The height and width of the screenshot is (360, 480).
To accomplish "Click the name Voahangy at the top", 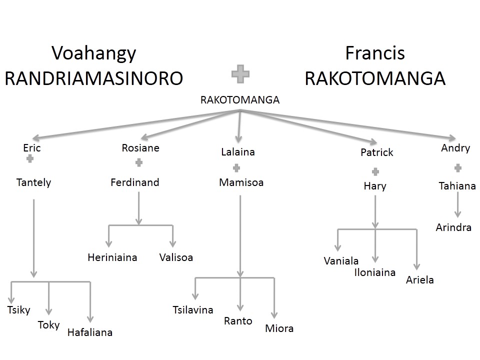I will coord(94,53).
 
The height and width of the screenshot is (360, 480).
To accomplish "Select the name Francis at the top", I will coord(374,53).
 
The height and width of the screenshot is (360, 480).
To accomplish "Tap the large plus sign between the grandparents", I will coord(240,74).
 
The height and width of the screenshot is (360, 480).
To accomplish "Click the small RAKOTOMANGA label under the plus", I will coord(239,100).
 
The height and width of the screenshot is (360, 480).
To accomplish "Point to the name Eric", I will coord(31,147).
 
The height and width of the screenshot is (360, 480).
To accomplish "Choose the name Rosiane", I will coord(140,147).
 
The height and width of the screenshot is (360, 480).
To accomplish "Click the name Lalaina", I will coord(238,152).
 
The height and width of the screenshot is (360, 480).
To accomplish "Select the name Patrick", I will coord(377,152).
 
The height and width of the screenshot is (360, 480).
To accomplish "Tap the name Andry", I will coord(455,148).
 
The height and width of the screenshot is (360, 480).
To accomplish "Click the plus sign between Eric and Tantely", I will coord(30,158).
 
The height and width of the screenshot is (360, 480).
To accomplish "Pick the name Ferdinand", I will coord(134,182).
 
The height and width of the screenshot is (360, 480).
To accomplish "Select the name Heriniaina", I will coord(112,257).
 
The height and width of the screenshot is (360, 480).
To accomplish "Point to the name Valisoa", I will coord(176,257).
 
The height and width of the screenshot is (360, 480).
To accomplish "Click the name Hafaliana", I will coord(90,332).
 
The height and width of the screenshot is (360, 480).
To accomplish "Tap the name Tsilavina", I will coord(192,310).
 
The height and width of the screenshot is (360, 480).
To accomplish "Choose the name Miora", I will coord(279,328).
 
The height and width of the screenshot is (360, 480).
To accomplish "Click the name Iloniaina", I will coord(374,272).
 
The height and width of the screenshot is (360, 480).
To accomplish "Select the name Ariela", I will coord(420,280).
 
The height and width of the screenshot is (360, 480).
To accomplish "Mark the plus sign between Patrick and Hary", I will coord(375,172).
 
